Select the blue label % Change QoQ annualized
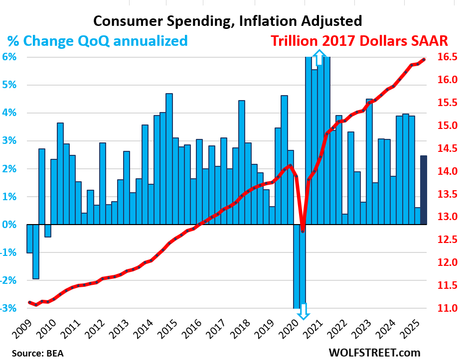(98, 40)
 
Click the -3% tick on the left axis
(11, 308)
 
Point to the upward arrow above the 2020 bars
(319, 56)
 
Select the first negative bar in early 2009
(30, 239)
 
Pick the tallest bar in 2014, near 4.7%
(169, 159)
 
